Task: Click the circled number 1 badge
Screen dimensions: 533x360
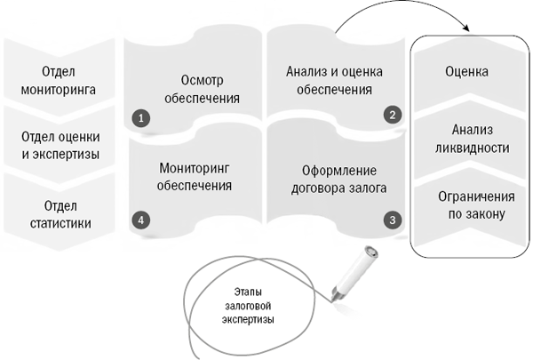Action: tap(141, 118)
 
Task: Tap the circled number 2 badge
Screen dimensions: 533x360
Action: tap(393, 115)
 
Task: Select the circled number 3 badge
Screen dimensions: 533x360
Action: tap(393, 220)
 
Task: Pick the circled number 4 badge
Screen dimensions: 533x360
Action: tap(141, 220)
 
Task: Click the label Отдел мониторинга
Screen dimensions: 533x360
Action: tap(59, 81)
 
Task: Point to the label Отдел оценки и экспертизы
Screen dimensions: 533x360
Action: tap(60, 146)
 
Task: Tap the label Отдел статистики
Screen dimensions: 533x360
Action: tap(60, 215)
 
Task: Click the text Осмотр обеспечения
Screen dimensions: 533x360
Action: tap(203, 89)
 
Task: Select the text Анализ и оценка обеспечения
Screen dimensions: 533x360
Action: tap(335, 81)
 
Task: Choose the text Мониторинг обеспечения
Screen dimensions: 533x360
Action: tap(195, 177)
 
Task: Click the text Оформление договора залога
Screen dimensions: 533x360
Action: tap(339, 180)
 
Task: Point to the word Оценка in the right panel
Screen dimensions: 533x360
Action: tap(467, 71)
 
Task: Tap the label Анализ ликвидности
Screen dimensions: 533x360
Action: tap(473, 139)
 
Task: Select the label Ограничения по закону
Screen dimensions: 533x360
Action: tap(476, 205)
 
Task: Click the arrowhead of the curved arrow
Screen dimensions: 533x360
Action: tap(466, 28)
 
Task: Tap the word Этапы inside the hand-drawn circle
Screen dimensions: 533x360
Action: tap(248, 292)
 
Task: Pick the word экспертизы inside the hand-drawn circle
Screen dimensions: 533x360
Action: tap(248, 320)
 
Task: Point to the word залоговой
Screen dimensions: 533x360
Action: tap(248, 306)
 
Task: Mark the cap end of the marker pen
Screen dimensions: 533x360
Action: tap(371, 252)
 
